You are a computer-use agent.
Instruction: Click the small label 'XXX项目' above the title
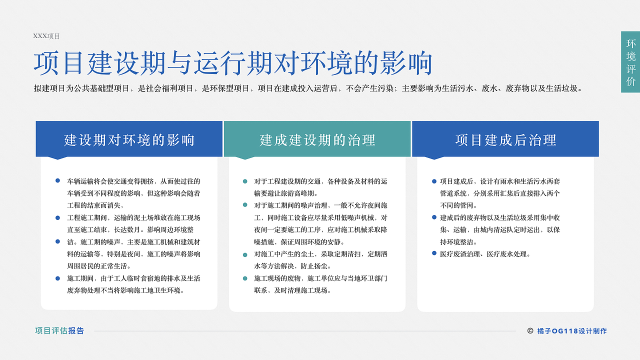(46, 36)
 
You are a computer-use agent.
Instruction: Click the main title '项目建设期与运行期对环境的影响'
(233, 63)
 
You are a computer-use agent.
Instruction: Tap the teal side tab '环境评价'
(630, 62)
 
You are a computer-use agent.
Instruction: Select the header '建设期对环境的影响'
(129, 140)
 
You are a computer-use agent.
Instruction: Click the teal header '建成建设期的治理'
(317, 140)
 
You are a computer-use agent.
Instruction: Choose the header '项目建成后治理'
(505, 140)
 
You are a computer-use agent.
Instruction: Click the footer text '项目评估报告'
(59, 330)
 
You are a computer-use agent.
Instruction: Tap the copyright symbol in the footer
(530, 330)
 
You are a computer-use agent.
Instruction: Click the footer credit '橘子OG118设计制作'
(572, 331)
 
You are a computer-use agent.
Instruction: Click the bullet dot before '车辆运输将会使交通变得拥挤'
(57, 180)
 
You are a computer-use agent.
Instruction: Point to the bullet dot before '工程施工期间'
(57, 217)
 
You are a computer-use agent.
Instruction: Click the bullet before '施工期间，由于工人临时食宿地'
(57, 278)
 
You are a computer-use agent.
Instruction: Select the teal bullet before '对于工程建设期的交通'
(245, 181)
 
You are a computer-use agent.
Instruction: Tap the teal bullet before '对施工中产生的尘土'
(245, 255)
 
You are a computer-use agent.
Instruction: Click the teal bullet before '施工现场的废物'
(245, 278)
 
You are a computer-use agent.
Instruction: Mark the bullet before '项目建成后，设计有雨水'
(434, 181)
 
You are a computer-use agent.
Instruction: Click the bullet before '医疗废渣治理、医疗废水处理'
(434, 253)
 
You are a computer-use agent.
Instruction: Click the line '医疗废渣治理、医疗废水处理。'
(485, 254)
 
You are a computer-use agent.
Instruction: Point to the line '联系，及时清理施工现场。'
(292, 290)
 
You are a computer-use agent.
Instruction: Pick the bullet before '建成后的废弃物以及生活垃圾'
(434, 217)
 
